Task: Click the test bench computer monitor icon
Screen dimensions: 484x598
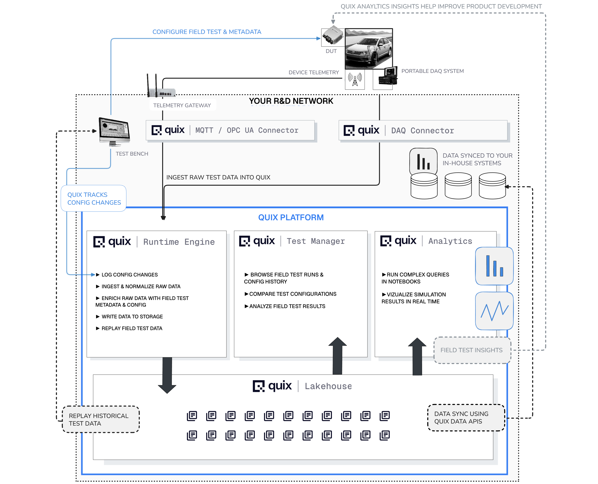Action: (x=114, y=131)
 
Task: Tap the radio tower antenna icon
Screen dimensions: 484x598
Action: (x=355, y=80)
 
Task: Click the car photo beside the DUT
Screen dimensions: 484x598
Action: (x=369, y=49)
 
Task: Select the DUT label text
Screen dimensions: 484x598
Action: (x=331, y=51)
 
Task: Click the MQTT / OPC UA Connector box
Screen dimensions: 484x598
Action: (x=230, y=130)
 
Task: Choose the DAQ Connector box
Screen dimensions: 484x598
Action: (x=423, y=130)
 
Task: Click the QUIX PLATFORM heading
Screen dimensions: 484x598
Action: (x=291, y=217)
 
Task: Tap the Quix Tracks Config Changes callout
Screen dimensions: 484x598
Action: (x=94, y=198)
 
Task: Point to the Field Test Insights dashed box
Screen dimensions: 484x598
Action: (x=472, y=350)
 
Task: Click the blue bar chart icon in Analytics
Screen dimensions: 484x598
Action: (x=494, y=266)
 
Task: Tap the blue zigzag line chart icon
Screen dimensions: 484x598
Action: (x=494, y=311)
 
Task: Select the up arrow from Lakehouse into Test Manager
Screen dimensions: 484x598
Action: (x=337, y=355)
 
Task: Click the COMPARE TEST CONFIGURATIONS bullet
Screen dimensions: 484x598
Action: (x=292, y=294)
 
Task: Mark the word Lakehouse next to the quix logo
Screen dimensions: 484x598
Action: (x=328, y=386)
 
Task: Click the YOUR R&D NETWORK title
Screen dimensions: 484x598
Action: (x=291, y=101)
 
